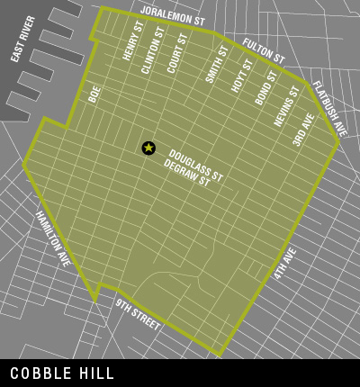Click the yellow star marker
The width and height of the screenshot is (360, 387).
tap(148, 148)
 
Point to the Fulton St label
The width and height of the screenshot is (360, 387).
tap(264, 52)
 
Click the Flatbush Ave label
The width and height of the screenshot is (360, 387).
tap(329, 108)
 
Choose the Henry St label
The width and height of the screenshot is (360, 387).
tap(133, 43)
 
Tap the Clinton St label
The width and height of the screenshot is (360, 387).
tap(154, 49)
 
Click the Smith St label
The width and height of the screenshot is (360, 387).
tap(217, 65)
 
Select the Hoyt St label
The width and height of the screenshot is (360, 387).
tap(241, 76)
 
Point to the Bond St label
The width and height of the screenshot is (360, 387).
tap(265, 87)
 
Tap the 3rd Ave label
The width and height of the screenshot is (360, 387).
tap(302, 128)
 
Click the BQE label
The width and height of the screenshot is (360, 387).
tap(94, 94)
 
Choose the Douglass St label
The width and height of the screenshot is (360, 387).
tap(195, 162)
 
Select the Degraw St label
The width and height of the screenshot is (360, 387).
tap(187, 174)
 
